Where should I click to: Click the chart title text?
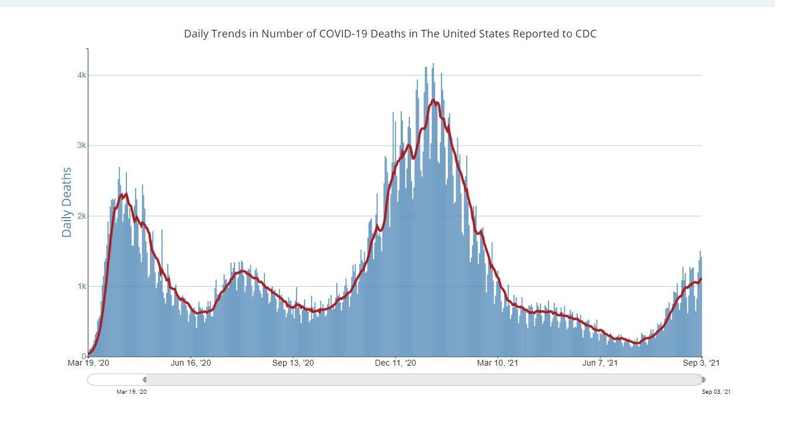[x=390, y=34]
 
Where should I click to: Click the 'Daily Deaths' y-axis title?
[x=67, y=202]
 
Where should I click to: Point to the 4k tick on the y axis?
[x=81, y=75]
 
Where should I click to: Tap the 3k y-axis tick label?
[x=81, y=146]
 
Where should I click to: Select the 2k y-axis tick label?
[x=81, y=216]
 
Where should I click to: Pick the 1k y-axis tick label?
[x=81, y=287]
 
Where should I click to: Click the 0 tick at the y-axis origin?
[x=84, y=356]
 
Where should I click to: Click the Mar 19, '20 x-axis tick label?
[x=88, y=363]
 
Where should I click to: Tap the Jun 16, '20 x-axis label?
[x=191, y=363]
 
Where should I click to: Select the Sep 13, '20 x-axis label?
[x=293, y=363]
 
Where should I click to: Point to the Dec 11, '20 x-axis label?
[x=395, y=363]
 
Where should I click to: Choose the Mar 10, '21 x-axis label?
[x=498, y=363]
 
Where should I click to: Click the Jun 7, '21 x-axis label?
[x=600, y=363]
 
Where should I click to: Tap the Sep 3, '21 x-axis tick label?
[x=702, y=363]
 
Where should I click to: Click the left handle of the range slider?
[x=145, y=380]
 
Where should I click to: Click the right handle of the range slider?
[x=703, y=380]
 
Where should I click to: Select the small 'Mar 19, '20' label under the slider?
[x=132, y=392]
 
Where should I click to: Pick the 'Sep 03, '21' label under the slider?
[x=716, y=392]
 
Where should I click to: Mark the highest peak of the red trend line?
[x=433, y=101]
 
